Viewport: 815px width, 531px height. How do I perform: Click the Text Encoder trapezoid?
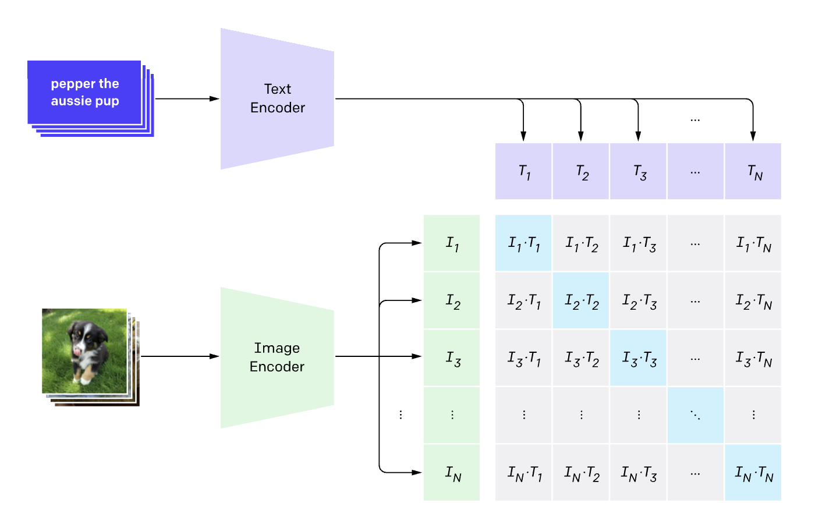pos(277,98)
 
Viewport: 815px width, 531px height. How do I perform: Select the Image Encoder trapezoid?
pos(277,357)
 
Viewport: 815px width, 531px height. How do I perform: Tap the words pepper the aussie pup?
pos(85,92)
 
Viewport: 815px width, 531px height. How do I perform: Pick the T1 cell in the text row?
pos(523,172)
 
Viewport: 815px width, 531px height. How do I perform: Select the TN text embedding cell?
pos(753,172)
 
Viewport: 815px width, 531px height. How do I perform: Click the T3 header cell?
pos(638,172)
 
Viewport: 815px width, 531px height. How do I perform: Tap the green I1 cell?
pos(452,243)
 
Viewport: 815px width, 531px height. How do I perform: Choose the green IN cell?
pos(452,473)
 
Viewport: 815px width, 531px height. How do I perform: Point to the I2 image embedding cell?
pos(452,300)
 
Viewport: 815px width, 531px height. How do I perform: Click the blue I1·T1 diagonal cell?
pos(523,243)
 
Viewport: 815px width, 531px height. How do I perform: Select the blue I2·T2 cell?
pos(580,300)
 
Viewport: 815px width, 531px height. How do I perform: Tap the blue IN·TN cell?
pos(753,473)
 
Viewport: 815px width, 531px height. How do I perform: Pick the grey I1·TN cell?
pos(753,243)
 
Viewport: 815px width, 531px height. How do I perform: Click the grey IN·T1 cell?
pos(523,473)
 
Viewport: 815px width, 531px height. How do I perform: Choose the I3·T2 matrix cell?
pos(580,358)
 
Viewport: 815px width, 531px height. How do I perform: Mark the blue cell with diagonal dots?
pos(695,415)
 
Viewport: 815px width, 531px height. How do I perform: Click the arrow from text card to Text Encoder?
pos(186,98)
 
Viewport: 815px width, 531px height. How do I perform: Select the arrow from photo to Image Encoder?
pos(179,356)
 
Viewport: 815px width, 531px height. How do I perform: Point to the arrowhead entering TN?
pos(753,137)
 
